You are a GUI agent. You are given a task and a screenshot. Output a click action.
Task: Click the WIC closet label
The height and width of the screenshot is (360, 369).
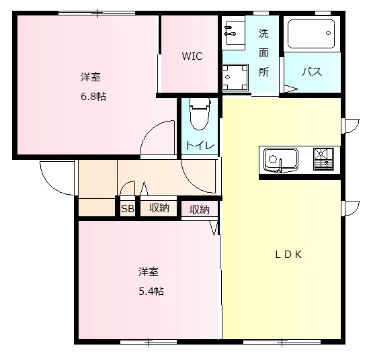coord(192,56)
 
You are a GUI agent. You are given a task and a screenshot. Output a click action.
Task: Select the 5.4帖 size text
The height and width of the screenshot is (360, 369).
coord(151,291)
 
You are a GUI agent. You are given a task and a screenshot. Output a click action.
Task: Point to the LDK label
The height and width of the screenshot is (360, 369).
coord(290,254)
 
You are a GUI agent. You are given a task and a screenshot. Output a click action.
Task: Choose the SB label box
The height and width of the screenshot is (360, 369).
coord(127,209)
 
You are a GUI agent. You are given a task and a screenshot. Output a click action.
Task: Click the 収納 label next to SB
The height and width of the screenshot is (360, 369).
coord(159,208)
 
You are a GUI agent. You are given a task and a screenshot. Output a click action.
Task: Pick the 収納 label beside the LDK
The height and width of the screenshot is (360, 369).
coord(200,210)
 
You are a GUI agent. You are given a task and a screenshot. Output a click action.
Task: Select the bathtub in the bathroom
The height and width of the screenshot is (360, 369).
coord(311,34)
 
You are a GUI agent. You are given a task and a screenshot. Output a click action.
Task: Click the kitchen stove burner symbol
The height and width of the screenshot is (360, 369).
coord(323,159)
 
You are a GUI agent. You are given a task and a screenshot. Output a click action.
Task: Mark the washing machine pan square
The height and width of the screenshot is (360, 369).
coord(235,77)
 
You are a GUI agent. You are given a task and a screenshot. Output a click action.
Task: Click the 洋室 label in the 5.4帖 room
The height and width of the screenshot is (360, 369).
coord(149,272)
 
